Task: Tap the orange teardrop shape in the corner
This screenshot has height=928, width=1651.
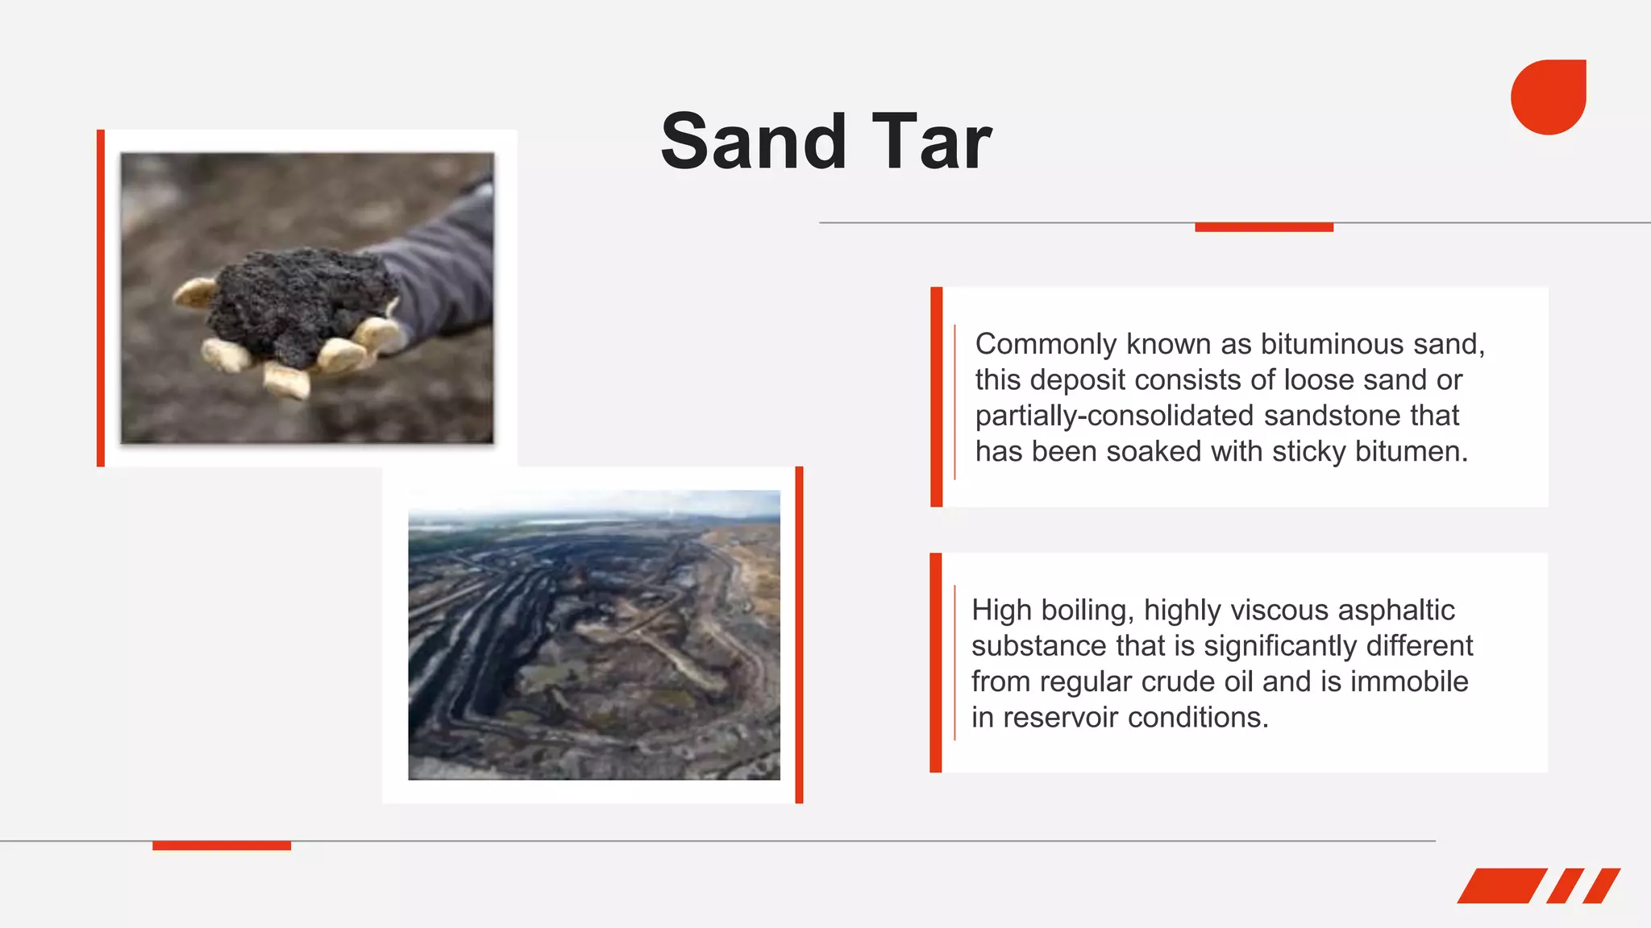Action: coord(1548,97)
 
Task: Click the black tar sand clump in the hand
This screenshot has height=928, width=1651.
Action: coord(298,302)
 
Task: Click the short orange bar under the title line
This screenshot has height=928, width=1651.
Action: coord(1263,227)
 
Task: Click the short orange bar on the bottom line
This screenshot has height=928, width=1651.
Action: coord(222,845)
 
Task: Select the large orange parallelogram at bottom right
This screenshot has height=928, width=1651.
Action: coord(1501,885)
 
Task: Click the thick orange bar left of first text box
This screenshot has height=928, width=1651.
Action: coord(936,396)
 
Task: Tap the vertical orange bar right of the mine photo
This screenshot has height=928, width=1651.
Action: coord(799,634)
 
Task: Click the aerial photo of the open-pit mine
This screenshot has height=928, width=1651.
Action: coord(594,634)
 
